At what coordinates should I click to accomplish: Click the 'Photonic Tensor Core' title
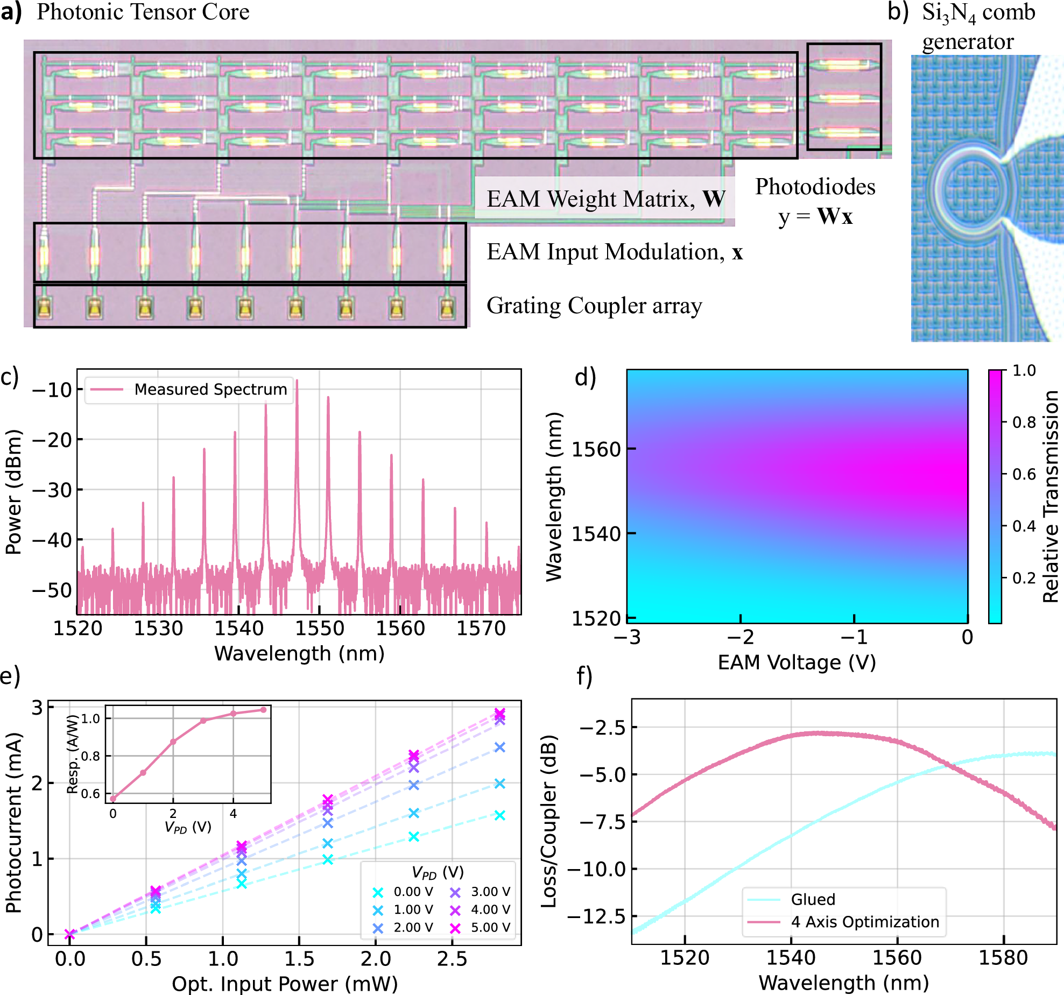click(x=143, y=12)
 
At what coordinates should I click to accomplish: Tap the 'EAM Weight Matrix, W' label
click(x=605, y=199)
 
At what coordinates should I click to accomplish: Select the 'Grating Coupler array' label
click(x=594, y=306)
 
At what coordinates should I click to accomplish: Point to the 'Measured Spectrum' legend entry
click(x=210, y=389)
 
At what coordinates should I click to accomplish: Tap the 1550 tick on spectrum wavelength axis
click(x=320, y=628)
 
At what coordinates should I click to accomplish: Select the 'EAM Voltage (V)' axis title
click(x=797, y=662)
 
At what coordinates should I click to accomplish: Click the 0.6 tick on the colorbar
click(x=1024, y=474)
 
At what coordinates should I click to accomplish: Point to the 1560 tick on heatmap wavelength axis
click(x=596, y=449)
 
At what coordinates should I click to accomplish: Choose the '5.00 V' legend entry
click(x=490, y=927)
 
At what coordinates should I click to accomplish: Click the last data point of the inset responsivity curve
click(x=264, y=710)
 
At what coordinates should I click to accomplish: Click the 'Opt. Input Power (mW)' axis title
click(x=285, y=984)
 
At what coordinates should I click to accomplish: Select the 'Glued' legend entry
click(x=813, y=899)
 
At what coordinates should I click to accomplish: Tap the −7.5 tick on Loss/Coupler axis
click(x=602, y=822)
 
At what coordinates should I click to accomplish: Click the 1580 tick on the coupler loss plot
click(x=1003, y=958)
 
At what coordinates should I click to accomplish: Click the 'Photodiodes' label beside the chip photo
click(x=815, y=187)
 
